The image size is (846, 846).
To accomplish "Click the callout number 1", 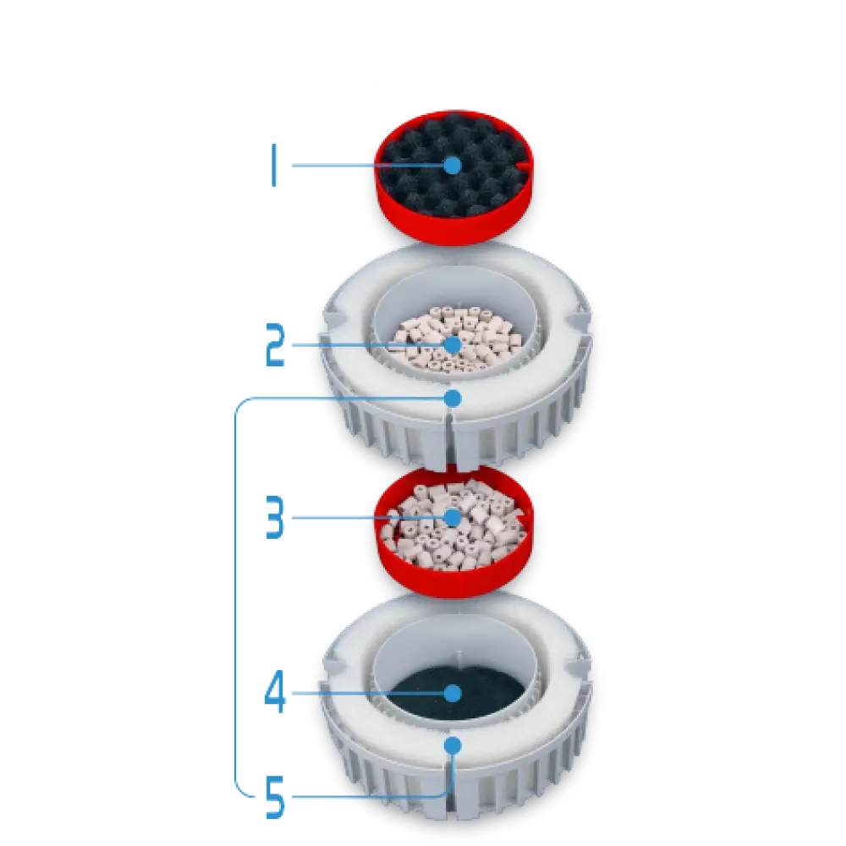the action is coord(274,165).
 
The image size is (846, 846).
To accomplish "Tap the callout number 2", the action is coord(275,345).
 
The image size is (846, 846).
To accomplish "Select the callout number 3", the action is coord(275,518).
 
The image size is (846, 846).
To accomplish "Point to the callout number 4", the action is coord(275,692).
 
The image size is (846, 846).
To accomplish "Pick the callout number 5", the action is coord(275,796).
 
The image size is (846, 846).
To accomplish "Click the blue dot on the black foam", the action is coord(453,165).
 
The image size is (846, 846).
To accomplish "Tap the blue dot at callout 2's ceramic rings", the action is coord(453,345).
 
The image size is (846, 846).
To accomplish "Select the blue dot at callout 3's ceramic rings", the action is coord(453,518).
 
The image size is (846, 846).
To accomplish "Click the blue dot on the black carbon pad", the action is coord(453,694).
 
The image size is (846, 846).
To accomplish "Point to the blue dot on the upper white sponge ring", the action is coord(453,398).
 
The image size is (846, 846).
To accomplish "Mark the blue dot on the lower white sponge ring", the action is coord(453,746).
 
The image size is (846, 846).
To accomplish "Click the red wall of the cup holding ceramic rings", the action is coord(453,583).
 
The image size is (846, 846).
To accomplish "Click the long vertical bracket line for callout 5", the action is coord(236,596).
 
